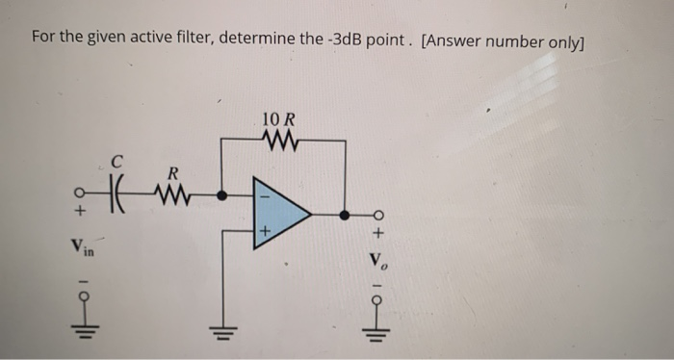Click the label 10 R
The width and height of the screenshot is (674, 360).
278,120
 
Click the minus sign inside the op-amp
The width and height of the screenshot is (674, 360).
262,195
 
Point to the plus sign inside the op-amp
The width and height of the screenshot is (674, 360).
262,231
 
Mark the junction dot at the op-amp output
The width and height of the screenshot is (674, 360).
345,212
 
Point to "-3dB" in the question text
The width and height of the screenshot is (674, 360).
333,39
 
